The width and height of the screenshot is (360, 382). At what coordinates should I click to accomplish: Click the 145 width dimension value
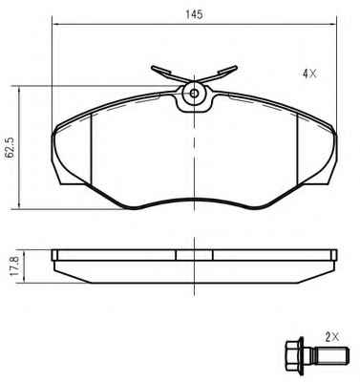[x=195, y=14]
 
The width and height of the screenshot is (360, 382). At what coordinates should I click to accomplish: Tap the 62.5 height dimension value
[x=10, y=148]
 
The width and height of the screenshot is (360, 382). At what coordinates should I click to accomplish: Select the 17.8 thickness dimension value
[x=15, y=266]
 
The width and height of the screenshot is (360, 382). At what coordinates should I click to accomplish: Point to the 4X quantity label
[x=309, y=74]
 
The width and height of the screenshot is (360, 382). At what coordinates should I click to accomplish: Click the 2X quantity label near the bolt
[x=332, y=336]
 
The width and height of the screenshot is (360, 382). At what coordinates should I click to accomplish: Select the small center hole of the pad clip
[x=194, y=94]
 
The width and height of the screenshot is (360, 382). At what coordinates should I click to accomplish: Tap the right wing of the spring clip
[x=221, y=74]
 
